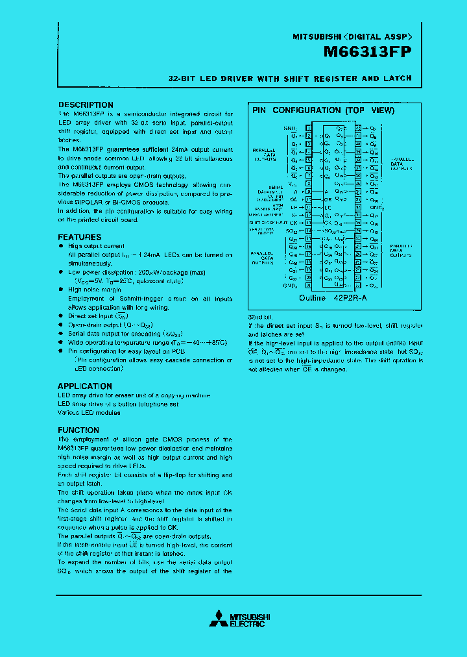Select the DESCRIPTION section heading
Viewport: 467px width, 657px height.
(86, 105)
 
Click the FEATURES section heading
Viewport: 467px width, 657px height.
(80, 238)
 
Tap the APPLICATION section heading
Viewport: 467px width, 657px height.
(85, 386)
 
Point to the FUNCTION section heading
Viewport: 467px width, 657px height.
(78, 430)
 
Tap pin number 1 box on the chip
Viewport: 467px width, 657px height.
(309, 128)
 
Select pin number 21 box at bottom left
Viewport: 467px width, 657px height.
(309, 286)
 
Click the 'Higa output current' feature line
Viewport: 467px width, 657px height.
(96, 246)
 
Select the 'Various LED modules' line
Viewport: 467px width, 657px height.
(89, 412)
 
